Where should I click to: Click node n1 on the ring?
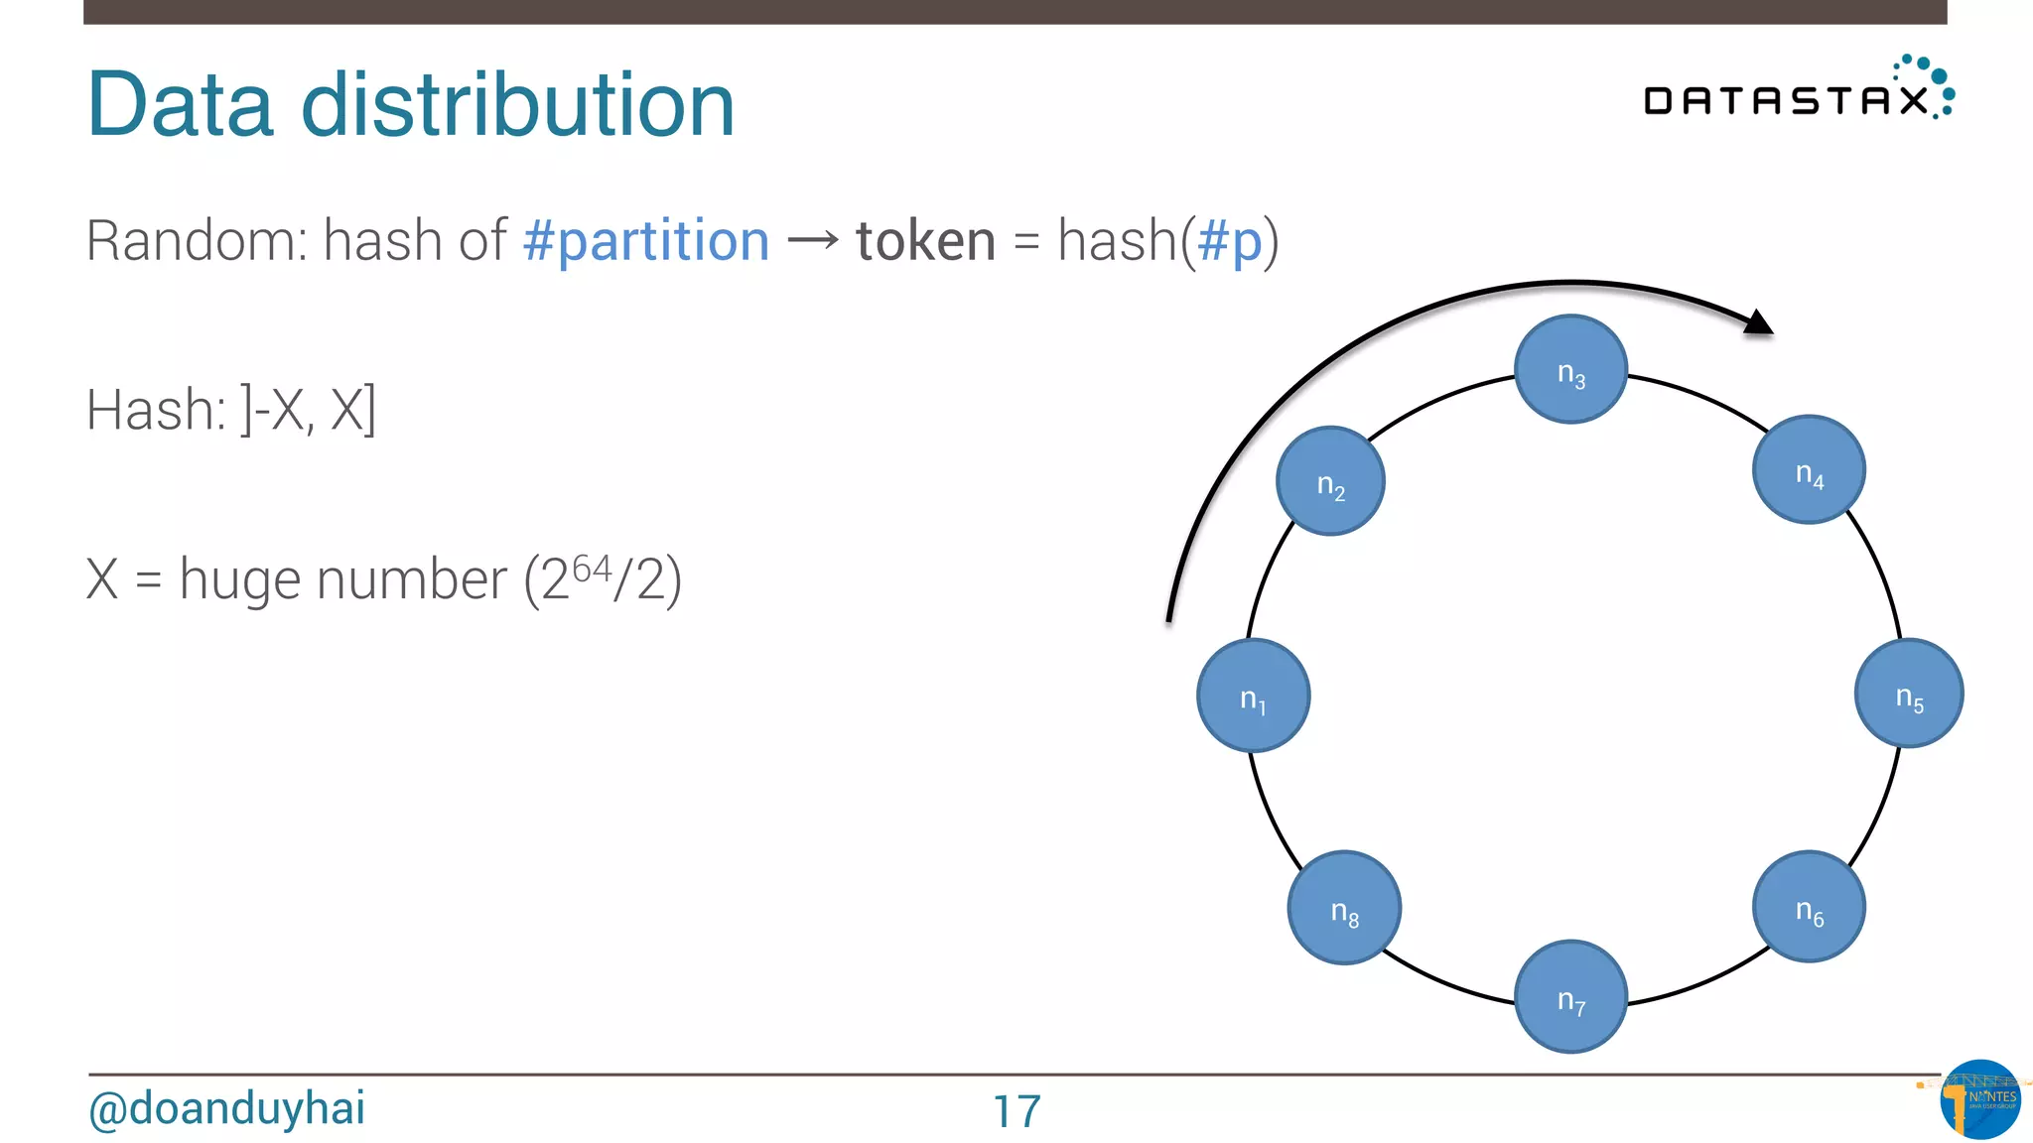pos(1253,696)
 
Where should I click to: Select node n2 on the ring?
pos(1330,481)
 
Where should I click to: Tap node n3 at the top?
pos(1570,370)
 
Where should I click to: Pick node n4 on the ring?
pos(1809,470)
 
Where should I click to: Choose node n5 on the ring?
pos(1909,694)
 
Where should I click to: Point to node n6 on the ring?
pos(1809,907)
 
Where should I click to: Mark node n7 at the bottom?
pos(1570,996)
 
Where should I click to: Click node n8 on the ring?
pos(1344,908)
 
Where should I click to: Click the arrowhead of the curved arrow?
pos(1758,322)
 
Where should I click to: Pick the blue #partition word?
pos(646,241)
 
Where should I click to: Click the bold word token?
pos(925,241)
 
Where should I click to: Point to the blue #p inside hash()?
pos(1230,241)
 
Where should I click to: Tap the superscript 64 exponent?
pos(592,568)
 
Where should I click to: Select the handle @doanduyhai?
pos(226,1108)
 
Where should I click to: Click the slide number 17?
pos(1016,1111)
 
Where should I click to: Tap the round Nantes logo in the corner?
pos(1979,1099)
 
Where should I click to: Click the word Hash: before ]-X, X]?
pos(156,410)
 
